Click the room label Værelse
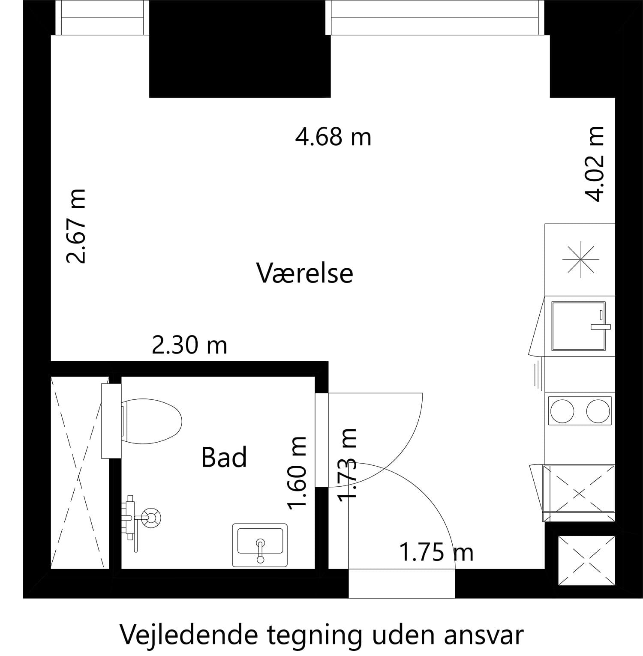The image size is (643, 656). tap(305, 273)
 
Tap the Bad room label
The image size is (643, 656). tap(224, 457)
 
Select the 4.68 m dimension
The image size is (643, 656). tap(333, 137)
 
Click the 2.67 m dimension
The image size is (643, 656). tap(75, 226)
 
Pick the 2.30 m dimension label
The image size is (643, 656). tap(189, 345)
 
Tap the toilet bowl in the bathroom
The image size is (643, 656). tap(152, 421)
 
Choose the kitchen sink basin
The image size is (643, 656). tap(579, 325)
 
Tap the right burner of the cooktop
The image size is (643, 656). tap(598, 410)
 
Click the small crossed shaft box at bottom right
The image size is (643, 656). tap(586, 560)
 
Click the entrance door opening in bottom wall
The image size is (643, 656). tap(401, 584)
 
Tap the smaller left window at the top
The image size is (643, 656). tap(102, 18)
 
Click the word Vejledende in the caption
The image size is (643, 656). tap(189, 635)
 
